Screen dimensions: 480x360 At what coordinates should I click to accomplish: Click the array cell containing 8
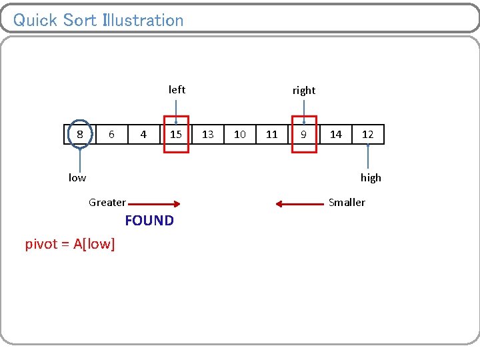(80, 135)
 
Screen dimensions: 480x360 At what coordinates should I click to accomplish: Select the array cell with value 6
(111, 135)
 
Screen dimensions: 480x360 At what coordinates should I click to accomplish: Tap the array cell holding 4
(143, 135)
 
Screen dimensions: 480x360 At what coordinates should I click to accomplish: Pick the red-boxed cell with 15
(176, 135)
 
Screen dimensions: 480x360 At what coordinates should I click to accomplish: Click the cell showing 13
(208, 135)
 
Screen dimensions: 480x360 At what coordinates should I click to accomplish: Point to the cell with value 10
(240, 135)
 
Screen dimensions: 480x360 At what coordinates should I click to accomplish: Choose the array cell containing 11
(272, 135)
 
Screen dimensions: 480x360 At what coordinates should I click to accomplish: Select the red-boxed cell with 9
(304, 135)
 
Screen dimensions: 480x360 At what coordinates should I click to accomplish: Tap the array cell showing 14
(336, 135)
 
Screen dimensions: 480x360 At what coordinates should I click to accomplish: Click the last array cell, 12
(368, 135)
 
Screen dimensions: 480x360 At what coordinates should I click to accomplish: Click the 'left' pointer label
(177, 89)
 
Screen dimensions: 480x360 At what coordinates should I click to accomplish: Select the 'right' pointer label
(304, 90)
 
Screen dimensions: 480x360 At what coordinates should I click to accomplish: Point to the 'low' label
(77, 177)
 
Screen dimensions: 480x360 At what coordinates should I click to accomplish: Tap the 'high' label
(371, 177)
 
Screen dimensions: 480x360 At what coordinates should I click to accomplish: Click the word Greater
(107, 203)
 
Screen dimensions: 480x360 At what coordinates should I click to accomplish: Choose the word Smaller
(347, 202)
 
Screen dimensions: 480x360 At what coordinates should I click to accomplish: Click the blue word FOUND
(149, 221)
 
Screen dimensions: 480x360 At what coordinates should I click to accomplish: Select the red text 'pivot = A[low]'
(70, 245)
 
